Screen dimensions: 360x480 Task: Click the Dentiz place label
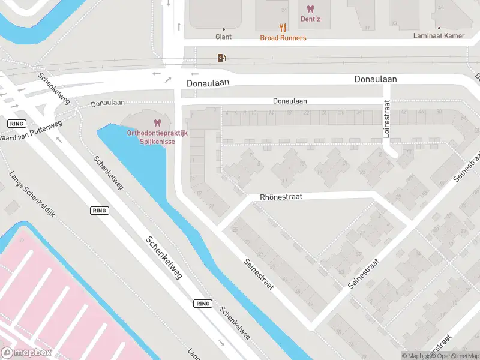pos(310,19)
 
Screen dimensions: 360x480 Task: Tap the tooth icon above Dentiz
pos(310,8)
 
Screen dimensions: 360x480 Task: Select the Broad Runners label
pos(283,38)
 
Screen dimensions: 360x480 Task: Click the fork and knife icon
pos(283,28)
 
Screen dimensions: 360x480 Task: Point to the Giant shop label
pos(223,37)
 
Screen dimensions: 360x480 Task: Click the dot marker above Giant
pos(223,29)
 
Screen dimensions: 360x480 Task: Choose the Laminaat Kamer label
pos(439,36)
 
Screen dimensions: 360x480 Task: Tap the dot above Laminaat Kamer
pos(439,28)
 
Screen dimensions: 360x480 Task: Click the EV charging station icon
pos(222,58)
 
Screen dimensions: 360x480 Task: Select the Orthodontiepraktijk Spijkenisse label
pos(158,137)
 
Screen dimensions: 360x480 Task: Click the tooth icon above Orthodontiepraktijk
pos(158,122)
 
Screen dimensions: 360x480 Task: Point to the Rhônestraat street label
pos(281,197)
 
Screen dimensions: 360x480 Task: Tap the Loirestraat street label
pos(387,119)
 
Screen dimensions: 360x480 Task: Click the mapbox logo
pos(26,353)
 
